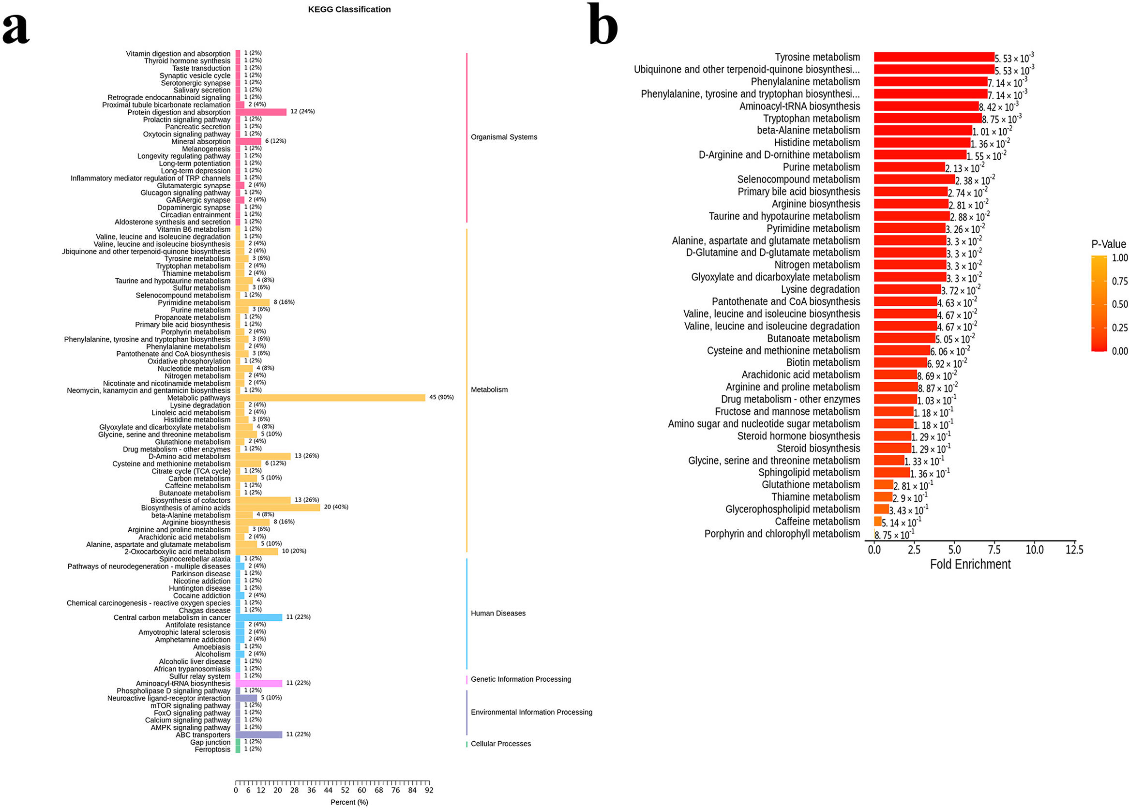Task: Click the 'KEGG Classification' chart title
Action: (349, 10)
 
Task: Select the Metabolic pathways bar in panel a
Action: (330, 398)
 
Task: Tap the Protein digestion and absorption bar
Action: (261, 112)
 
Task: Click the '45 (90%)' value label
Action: (441, 398)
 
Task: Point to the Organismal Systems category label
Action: (504, 137)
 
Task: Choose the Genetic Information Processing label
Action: (521, 679)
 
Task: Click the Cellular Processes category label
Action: (500, 744)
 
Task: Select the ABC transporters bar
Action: (258, 735)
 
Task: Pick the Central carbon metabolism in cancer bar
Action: (258, 617)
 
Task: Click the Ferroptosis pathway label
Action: (212, 750)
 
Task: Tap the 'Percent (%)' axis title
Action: (349, 802)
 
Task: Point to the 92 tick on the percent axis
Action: (429, 790)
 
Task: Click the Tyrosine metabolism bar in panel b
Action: (933, 57)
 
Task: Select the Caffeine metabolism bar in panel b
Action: (877, 522)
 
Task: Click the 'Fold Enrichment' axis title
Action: (970, 564)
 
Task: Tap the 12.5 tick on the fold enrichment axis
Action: (1074, 550)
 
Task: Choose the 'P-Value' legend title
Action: (1108, 244)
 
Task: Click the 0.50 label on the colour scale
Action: (1119, 304)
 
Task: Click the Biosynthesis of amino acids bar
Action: (277, 508)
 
